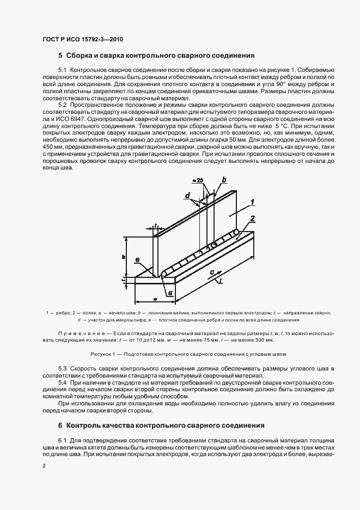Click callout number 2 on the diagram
pos(252,218)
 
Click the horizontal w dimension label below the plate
pos(155,298)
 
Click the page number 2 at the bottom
pos(44,466)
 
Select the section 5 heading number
pos(60,56)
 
